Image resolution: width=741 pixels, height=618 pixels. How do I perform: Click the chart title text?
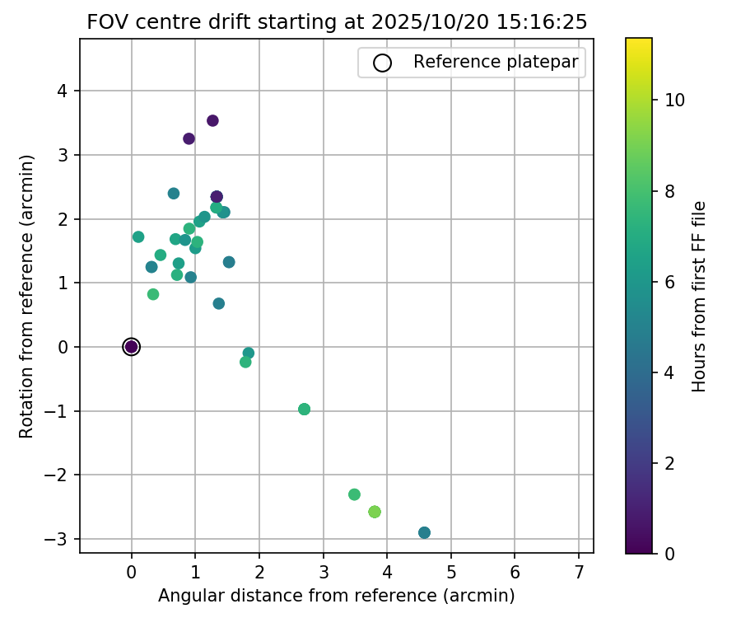[x=337, y=22]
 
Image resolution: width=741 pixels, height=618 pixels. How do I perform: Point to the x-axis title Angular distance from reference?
[x=336, y=596]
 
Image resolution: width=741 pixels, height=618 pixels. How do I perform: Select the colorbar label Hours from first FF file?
[x=700, y=295]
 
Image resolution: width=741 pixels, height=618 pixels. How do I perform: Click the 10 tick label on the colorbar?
[x=675, y=101]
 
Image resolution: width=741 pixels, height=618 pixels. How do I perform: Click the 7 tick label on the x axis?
[x=579, y=571]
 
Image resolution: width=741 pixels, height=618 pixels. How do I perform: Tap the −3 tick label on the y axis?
[x=58, y=539]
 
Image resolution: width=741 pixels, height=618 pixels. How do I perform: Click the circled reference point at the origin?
[x=131, y=347]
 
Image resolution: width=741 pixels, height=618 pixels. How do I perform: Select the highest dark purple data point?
[x=212, y=120]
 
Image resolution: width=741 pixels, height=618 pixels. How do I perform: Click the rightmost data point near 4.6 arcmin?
[x=424, y=532]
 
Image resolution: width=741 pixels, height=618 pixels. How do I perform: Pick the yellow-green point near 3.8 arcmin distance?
[x=375, y=512]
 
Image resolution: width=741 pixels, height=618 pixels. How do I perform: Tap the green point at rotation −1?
[x=304, y=410]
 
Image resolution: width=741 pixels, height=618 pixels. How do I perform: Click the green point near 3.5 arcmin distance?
[x=354, y=494]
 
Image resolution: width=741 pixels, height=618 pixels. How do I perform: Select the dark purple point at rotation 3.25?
[x=189, y=138]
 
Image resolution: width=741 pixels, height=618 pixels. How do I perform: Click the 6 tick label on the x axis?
[x=515, y=571]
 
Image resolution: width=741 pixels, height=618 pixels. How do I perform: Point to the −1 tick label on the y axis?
[x=58, y=411]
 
